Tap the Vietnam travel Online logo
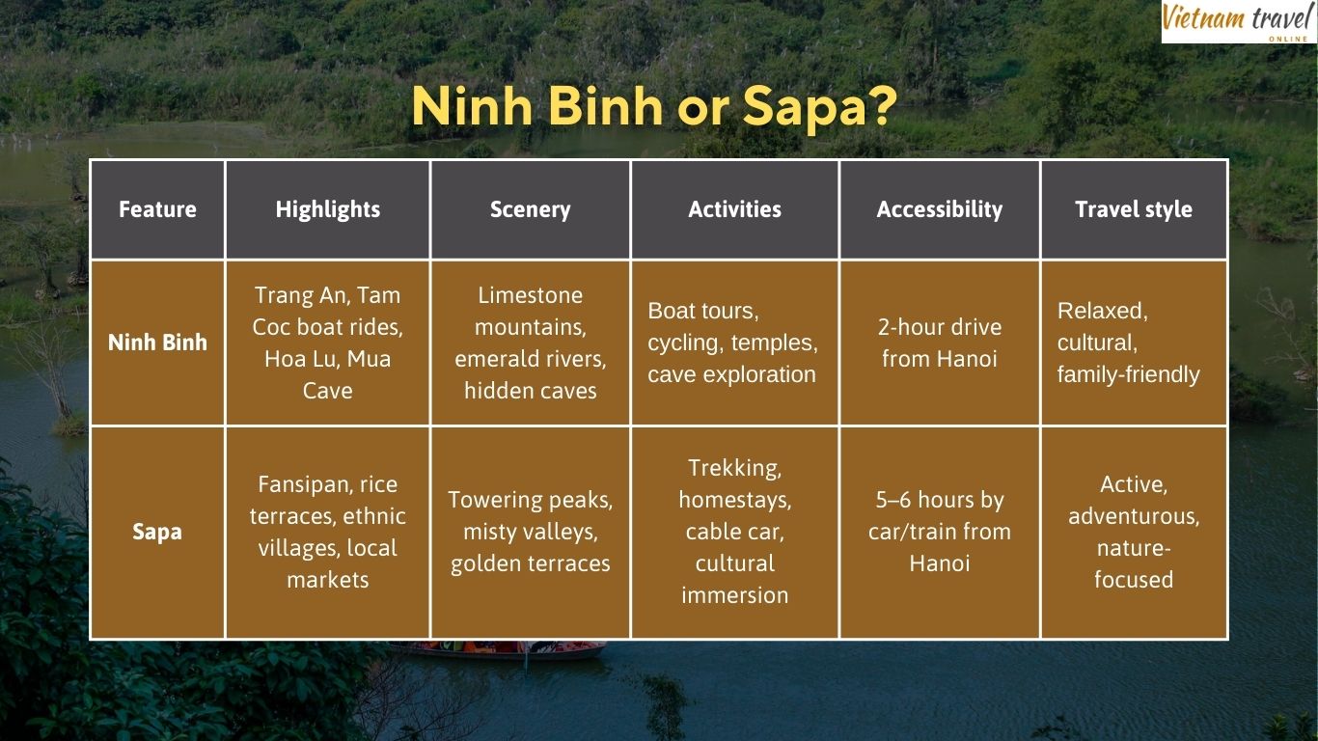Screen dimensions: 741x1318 click(1238, 21)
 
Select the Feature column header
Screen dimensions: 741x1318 click(157, 209)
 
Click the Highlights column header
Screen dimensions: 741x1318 click(328, 209)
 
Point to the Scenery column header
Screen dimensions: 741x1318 click(531, 209)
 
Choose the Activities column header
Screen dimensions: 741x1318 click(735, 209)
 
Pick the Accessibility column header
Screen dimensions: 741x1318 click(940, 209)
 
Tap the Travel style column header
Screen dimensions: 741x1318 click(1134, 209)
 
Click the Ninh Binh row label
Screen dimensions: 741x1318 click(157, 343)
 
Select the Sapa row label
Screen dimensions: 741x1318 click(157, 532)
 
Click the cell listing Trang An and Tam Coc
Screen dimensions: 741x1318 click(328, 343)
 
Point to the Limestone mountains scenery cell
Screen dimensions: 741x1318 click(531, 343)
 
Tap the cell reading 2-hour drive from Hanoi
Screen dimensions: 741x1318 click(940, 343)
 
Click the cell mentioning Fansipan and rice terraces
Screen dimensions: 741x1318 click(328, 532)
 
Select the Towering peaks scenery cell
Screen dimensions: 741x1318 click(531, 532)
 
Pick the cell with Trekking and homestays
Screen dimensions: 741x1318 click(735, 532)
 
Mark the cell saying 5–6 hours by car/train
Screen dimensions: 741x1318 click(940, 532)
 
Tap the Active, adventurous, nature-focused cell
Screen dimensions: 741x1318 click(1134, 532)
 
